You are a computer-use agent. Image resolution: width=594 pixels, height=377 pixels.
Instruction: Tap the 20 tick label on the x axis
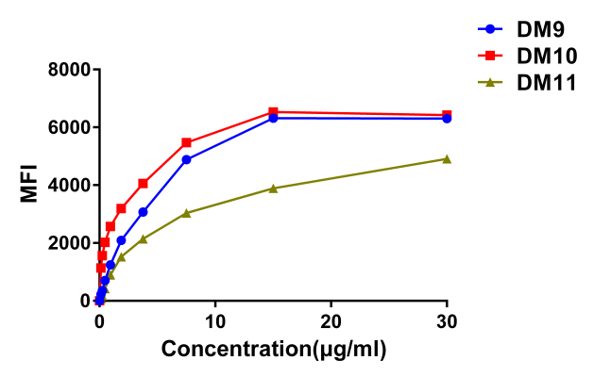(x=331, y=320)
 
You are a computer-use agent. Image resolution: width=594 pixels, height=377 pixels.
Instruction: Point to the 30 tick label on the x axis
(x=447, y=320)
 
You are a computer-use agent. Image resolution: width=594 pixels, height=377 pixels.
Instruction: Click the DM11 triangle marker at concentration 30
(x=447, y=158)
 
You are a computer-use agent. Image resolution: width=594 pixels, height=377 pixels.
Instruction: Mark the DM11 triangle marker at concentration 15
(x=273, y=188)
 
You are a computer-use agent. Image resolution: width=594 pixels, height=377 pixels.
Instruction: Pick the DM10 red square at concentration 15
(x=273, y=112)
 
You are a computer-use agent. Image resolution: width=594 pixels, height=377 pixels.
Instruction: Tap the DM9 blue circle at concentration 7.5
(x=186, y=159)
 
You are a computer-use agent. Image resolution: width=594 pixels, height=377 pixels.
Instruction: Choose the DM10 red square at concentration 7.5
(x=186, y=142)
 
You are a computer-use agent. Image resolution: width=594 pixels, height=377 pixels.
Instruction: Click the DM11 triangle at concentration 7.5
(x=186, y=213)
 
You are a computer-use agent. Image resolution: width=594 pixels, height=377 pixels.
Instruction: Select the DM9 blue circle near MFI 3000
(x=143, y=212)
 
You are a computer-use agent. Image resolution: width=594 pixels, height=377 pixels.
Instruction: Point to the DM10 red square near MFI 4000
(x=143, y=183)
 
